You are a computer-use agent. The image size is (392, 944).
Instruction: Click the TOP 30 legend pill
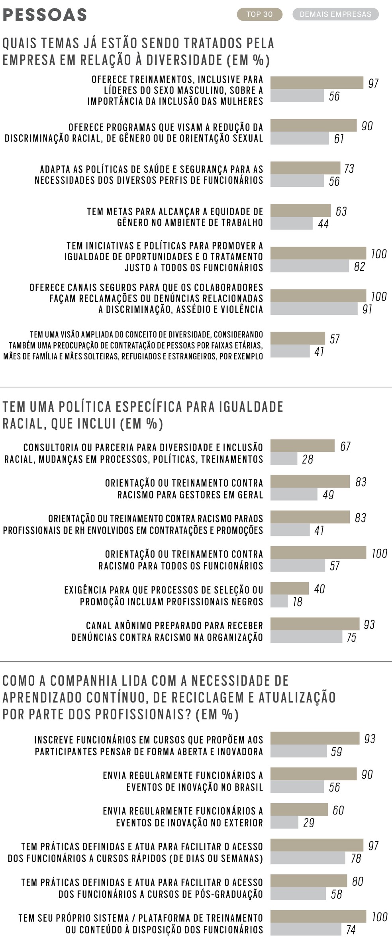(259, 14)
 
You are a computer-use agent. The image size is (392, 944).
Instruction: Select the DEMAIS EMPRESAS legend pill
(335, 14)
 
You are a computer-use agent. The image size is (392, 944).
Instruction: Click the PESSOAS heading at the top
(45, 15)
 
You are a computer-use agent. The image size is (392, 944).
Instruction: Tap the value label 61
(339, 139)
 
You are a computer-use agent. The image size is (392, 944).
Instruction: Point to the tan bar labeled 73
(305, 168)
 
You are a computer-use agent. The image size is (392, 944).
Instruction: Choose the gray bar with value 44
(291, 224)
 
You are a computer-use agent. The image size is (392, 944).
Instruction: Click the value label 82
(359, 267)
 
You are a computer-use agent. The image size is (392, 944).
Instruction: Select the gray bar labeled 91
(314, 309)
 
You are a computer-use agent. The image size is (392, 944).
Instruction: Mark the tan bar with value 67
(302, 446)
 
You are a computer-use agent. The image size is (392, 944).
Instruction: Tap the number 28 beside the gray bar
(308, 459)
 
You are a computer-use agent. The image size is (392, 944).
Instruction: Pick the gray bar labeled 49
(294, 495)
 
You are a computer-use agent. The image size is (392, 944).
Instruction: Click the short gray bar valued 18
(279, 601)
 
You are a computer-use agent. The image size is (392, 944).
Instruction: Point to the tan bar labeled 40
(289, 589)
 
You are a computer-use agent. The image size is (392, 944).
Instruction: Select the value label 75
(351, 637)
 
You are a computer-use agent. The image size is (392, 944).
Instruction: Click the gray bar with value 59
(298, 752)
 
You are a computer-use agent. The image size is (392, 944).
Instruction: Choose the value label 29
(309, 823)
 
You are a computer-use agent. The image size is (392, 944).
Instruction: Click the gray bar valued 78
(308, 858)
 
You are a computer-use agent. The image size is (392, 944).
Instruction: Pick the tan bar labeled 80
(308, 881)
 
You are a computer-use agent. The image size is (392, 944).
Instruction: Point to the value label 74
(351, 930)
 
